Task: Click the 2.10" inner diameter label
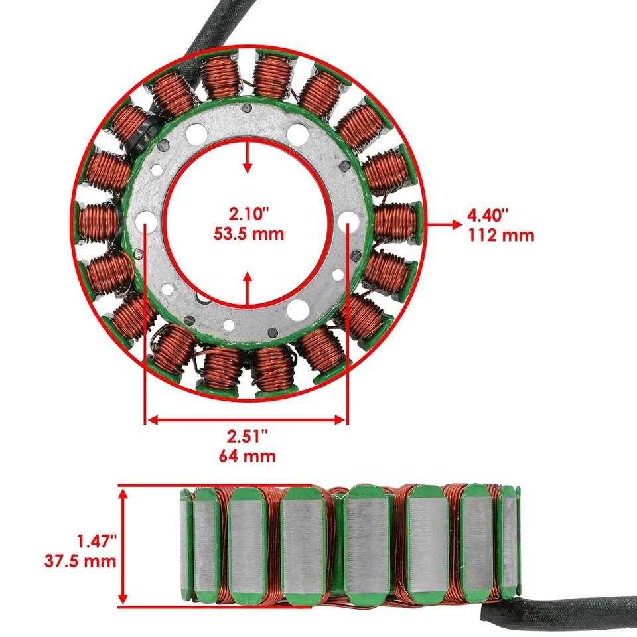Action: pyautogui.click(x=247, y=214)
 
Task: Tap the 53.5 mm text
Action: pyautogui.click(x=247, y=233)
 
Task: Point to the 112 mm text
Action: pyautogui.click(x=501, y=234)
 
